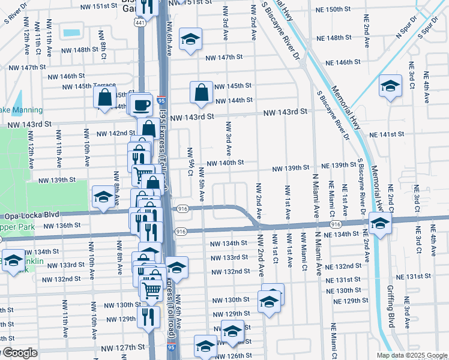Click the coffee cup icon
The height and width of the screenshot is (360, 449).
pyautogui.click(x=142, y=105)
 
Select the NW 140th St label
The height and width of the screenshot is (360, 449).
pyautogui.click(x=225, y=163)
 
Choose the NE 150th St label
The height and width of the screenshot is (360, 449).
pyautogui.click(x=346, y=10)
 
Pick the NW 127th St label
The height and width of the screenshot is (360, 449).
pyautogui.click(x=123, y=347)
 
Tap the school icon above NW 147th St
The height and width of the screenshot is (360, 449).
pyautogui.click(x=191, y=40)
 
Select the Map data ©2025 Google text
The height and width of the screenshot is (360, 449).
pyautogui.click(x=411, y=355)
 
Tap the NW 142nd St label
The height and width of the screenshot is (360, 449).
pyautogui.click(x=116, y=133)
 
